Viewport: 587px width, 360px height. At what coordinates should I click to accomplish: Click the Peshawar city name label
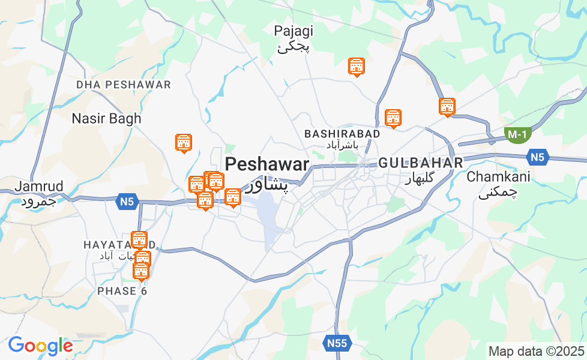coord(267,164)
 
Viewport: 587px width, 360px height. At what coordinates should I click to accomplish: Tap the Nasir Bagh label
coord(106,118)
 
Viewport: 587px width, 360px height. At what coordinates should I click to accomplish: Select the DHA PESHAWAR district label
coord(124,85)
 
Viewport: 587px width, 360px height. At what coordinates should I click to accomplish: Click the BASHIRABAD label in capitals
coord(342,133)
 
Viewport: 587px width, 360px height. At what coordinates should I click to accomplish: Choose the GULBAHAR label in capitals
coord(421,163)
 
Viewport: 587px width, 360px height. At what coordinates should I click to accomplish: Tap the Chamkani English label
coord(498,177)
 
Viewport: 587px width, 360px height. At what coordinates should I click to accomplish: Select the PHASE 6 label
coord(122,291)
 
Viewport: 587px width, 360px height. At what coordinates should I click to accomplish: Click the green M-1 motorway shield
coord(516,134)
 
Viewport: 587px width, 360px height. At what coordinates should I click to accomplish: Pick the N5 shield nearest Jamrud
coord(127,202)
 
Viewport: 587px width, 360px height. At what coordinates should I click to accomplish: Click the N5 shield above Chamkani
coord(537,158)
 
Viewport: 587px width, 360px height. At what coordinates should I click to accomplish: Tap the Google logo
coord(40,346)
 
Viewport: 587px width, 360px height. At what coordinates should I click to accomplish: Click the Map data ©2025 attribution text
coord(536,351)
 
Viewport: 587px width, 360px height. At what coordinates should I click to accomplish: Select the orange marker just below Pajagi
coord(357,67)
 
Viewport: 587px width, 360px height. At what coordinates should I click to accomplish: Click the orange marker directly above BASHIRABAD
coord(393,118)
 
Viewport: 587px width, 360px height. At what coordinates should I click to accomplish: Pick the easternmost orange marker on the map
coord(447,107)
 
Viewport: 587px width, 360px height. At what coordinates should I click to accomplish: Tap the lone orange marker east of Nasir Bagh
coord(183,143)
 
